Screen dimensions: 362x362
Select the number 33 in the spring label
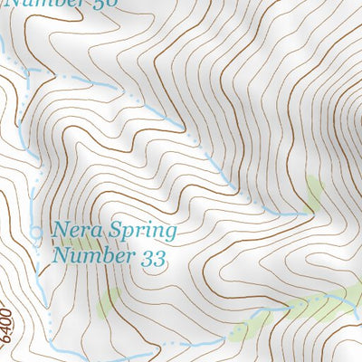click(155, 258)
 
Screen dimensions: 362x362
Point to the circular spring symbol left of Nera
click(36, 233)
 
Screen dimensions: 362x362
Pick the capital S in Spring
click(115, 231)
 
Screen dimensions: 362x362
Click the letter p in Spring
click(128, 234)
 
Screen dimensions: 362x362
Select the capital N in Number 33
click(61, 258)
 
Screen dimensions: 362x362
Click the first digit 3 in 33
click(148, 258)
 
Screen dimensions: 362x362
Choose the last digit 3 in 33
click(161, 258)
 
